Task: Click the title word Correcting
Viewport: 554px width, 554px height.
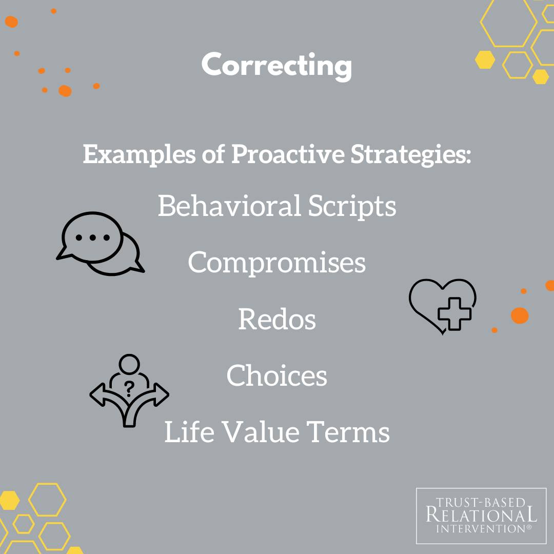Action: (276, 66)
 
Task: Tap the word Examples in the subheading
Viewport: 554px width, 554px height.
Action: (139, 154)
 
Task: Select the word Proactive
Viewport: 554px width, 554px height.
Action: (288, 154)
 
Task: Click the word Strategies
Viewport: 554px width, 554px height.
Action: (410, 154)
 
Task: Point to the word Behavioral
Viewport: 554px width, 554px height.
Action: (229, 206)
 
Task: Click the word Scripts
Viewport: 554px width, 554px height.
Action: (352, 207)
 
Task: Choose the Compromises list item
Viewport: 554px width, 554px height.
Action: (276, 263)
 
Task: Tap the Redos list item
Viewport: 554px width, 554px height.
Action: (277, 319)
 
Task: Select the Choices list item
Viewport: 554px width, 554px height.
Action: (276, 375)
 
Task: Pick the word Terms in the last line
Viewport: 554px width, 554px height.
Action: (348, 432)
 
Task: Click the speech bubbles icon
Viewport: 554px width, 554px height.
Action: (101, 244)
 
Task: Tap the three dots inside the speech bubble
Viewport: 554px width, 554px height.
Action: (92, 238)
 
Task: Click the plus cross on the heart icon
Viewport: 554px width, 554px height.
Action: (454, 314)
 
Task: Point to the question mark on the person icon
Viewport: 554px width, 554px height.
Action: (129, 389)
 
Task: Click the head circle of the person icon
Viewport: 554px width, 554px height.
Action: (129, 364)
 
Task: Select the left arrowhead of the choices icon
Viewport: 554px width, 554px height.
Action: (97, 394)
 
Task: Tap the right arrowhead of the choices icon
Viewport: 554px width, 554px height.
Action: (162, 394)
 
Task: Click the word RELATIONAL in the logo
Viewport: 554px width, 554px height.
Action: (481, 515)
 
